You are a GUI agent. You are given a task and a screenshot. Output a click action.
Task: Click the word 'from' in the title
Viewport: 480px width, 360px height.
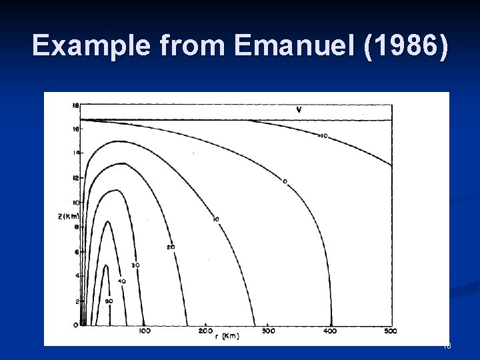click(x=196, y=46)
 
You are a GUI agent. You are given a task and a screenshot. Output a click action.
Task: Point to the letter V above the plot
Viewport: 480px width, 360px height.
click(x=298, y=109)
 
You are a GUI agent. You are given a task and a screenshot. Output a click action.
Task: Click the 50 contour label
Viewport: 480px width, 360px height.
click(x=109, y=301)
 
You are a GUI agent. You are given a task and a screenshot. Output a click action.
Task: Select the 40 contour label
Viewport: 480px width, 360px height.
click(x=122, y=281)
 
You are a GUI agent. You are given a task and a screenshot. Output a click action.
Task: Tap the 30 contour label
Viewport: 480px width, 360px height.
click(x=135, y=265)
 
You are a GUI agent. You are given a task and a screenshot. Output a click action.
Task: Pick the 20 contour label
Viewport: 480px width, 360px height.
click(x=171, y=247)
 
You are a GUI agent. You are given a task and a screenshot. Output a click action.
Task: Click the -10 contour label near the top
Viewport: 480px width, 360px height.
click(x=322, y=136)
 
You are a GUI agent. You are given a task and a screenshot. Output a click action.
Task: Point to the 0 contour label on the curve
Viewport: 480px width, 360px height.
click(x=285, y=181)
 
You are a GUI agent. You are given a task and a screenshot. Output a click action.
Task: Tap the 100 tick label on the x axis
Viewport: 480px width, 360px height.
click(x=144, y=331)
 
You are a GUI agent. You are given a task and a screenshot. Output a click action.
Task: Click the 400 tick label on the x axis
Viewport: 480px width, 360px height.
click(x=331, y=331)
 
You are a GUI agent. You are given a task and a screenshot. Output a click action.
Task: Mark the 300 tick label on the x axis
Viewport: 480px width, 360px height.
click(x=269, y=331)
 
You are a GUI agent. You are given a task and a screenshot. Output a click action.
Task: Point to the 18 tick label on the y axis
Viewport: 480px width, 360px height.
click(x=75, y=105)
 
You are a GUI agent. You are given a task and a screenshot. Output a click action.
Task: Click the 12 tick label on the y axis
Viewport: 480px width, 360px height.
click(x=75, y=178)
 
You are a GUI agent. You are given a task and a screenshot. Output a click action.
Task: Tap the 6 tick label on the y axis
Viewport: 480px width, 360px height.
click(x=77, y=251)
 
